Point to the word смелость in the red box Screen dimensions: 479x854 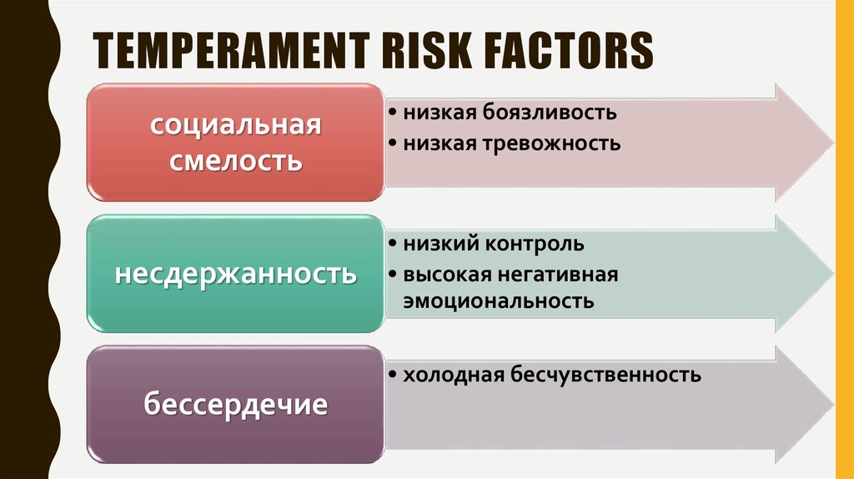(x=236, y=159)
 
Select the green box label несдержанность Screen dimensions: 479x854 (x=236, y=274)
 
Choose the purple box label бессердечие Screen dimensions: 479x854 (x=236, y=406)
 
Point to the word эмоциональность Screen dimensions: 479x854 (x=499, y=301)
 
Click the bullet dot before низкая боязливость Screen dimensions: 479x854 (x=392, y=112)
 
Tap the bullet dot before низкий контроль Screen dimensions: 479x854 (x=392, y=245)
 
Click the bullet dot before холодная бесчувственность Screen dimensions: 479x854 (x=392, y=376)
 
